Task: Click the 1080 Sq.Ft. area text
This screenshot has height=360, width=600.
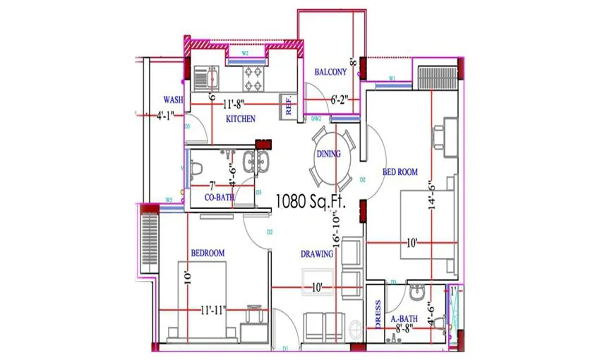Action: (308, 202)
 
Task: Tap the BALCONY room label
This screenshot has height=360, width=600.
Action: (330, 72)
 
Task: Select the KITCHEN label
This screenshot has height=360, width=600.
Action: (241, 119)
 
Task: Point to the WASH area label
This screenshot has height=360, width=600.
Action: (174, 100)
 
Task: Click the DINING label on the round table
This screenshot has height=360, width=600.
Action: (329, 154)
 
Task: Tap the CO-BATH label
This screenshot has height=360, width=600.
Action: (219, 198)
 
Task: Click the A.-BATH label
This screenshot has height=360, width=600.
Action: (404, 319)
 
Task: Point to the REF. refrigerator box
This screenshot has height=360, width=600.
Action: (288, 106)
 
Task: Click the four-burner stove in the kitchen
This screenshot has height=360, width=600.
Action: (253, 72)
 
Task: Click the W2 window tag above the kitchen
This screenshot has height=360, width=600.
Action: (245, 53)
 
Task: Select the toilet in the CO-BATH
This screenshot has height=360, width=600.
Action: (198, 168)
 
